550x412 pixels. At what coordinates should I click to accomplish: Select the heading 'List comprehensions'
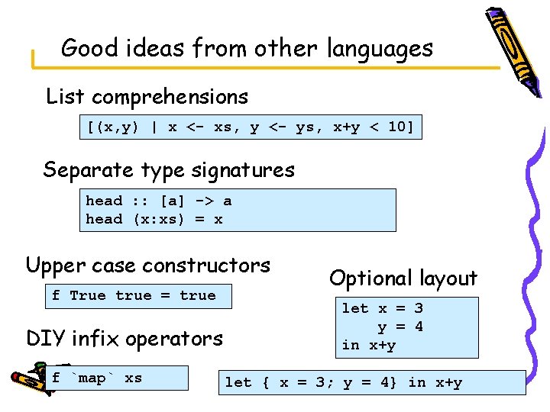point(147,97)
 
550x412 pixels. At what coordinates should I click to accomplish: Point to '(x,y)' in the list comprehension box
point(117,127)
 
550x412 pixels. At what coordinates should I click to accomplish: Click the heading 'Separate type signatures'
point(169,169)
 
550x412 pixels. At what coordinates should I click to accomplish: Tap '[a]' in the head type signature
point(171,201)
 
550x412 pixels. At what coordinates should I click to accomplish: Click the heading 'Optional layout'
point(403,278)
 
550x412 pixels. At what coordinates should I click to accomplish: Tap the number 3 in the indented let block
point(418,308)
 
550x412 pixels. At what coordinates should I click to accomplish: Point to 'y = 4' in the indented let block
point(400,327)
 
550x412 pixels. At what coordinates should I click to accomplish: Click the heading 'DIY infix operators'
point(125,338)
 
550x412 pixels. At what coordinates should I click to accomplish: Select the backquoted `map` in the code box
point(92,378)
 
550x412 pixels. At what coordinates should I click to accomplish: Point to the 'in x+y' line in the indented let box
point(368,346)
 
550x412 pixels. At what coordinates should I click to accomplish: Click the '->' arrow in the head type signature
point(203,201)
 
